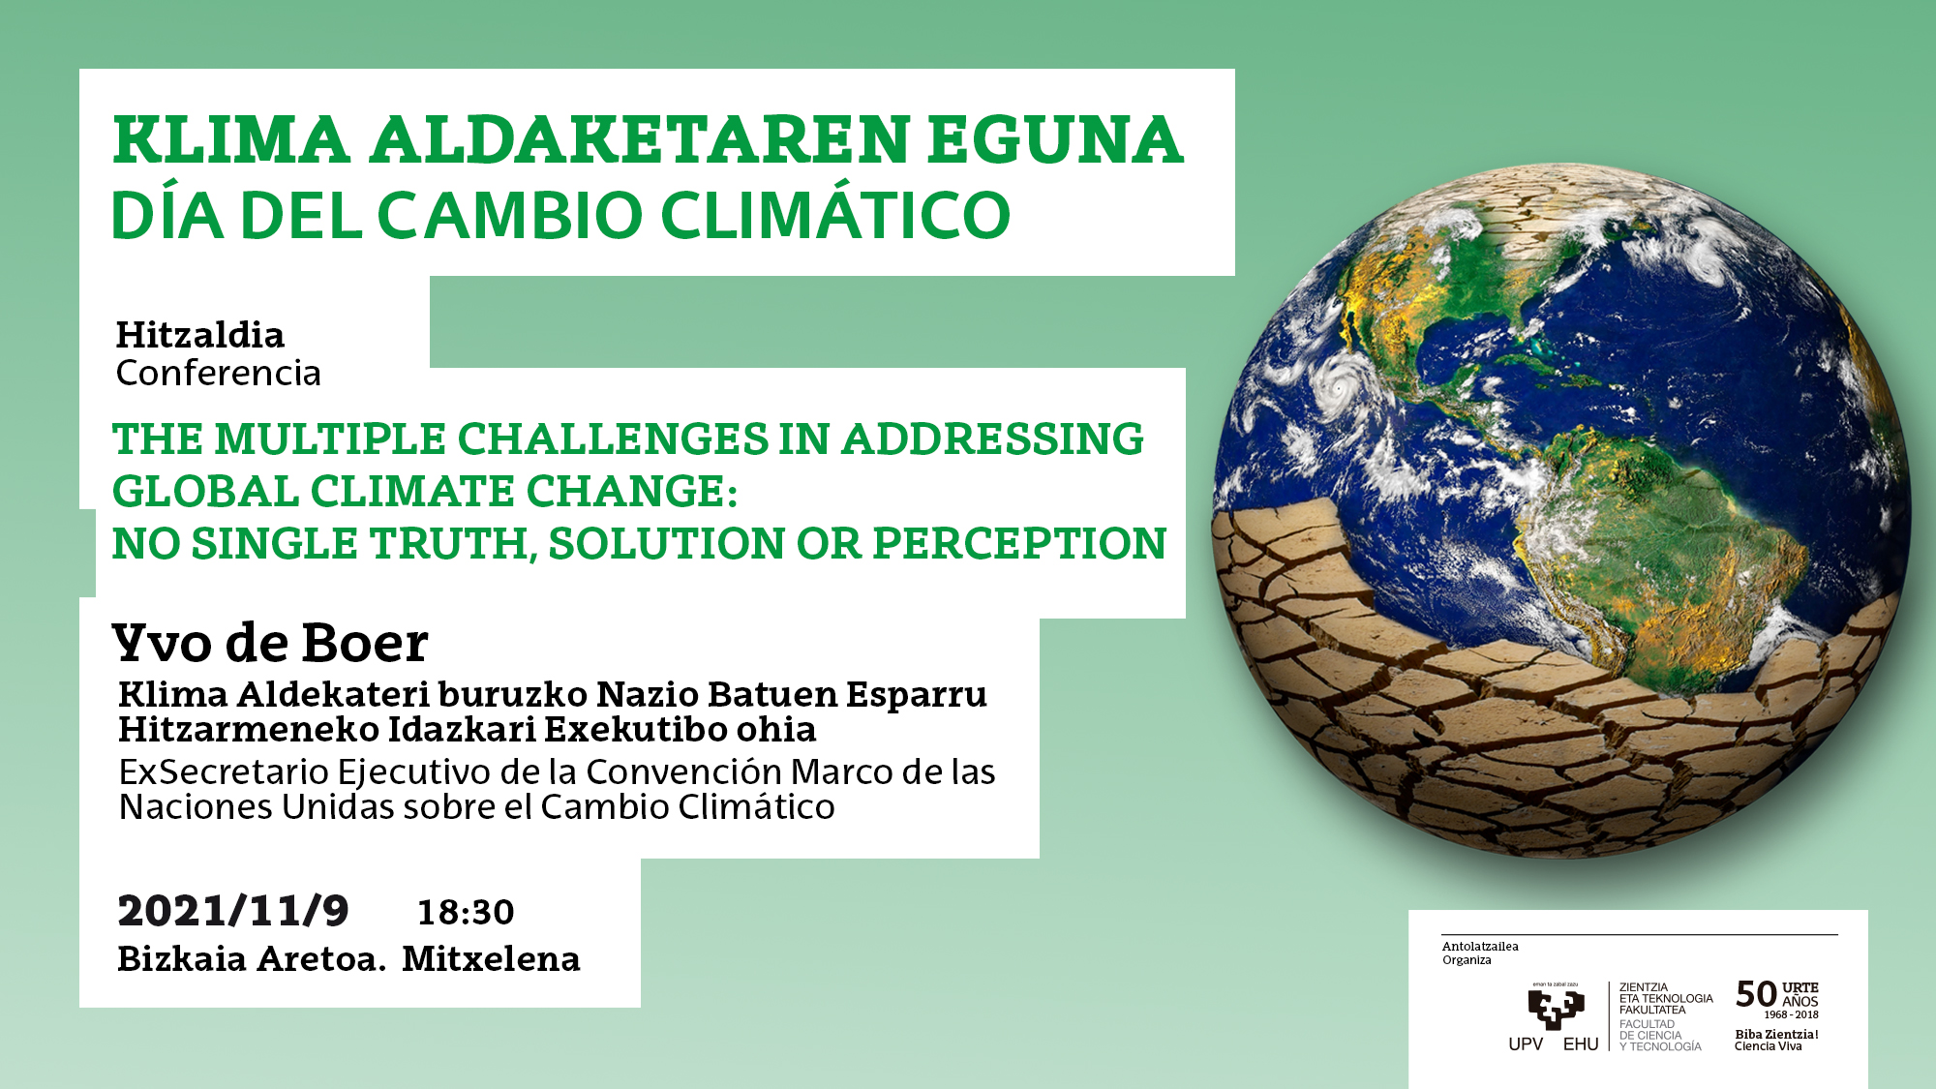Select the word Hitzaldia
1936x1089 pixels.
200,335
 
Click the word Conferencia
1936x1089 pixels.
219,373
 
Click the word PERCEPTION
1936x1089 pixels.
1019,544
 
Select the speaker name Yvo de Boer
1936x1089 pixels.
270,643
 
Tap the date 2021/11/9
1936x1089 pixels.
233,911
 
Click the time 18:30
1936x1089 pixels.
466,912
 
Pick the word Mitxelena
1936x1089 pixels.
491,959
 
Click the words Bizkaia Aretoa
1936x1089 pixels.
252,959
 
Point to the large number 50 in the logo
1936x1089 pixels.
1756,994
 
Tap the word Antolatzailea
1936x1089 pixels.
1480,947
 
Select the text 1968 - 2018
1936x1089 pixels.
1791,1015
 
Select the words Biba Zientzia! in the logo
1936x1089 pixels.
1776,1035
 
